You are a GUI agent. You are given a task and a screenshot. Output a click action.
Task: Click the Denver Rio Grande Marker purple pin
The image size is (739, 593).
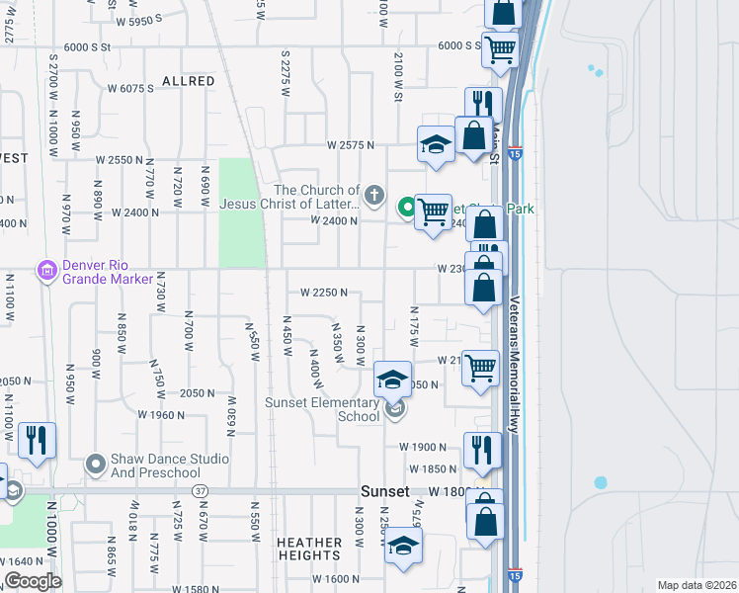45,269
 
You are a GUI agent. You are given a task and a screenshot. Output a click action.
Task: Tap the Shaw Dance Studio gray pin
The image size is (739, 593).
95,463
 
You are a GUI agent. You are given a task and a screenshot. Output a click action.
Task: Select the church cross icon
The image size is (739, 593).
373,195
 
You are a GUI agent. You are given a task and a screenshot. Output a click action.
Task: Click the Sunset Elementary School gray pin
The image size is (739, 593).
394,409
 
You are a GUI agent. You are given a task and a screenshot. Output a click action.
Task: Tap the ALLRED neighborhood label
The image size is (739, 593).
188,81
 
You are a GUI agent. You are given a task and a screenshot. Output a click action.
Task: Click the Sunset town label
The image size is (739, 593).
384,491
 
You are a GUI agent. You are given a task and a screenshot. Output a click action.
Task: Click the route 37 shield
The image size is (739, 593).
201,491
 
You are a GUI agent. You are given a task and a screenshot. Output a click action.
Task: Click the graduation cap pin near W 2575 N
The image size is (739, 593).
436,145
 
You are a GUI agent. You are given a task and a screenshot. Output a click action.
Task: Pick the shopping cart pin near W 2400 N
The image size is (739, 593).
433,212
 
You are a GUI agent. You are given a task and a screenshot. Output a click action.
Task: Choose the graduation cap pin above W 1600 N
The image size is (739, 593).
403,546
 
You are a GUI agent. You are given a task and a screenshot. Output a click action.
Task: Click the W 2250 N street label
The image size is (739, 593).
324,293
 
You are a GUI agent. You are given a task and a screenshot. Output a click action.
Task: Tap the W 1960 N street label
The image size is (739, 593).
162,415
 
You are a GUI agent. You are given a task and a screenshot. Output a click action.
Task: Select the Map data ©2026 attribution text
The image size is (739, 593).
696,585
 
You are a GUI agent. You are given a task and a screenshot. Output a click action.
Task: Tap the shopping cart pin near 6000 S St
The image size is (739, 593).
501,47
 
